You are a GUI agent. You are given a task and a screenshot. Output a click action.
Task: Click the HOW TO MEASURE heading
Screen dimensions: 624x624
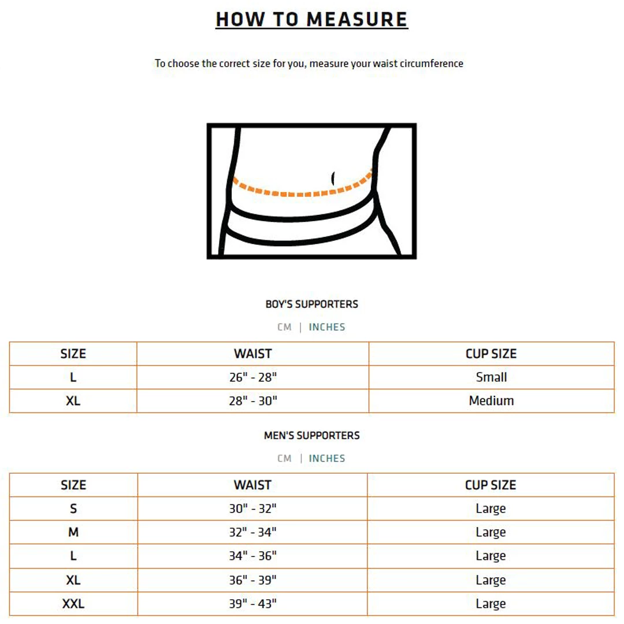pos(311,19)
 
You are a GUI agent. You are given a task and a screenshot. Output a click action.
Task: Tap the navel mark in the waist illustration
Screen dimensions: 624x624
pos(334,177)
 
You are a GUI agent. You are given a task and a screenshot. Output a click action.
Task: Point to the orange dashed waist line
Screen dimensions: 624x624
pos(300,193)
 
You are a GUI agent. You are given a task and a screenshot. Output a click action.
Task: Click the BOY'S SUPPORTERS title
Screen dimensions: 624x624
pos(311,304)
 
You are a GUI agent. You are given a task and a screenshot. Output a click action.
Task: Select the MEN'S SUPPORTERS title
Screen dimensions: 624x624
pos(311,435)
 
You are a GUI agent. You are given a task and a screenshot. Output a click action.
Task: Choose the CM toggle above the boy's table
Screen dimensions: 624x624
pos(284,327)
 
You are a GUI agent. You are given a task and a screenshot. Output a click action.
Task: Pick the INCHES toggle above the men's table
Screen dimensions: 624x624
pos(327,458)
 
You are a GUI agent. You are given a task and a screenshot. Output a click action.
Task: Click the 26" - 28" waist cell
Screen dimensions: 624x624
pos(253,377)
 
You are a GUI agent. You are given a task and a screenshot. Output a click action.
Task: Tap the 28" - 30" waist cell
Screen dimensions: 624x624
pos(253,400)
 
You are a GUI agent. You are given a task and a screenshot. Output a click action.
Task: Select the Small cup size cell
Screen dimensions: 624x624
pos(491,377)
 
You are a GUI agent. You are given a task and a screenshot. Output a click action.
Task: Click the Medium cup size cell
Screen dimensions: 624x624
pos(491,400)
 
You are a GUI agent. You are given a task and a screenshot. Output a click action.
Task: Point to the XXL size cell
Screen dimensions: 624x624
pos(73,604)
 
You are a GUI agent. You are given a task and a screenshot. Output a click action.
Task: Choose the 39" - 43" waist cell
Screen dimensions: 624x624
pos(253,604)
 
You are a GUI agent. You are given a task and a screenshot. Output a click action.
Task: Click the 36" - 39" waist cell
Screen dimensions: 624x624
pos(253,580)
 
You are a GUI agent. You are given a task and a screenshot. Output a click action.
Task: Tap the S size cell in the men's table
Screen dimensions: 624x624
pos(73,508)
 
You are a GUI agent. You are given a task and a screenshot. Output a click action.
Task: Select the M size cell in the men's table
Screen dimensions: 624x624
pos(73,532)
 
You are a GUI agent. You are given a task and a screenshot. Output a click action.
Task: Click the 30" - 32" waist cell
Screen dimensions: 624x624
pos(253,508)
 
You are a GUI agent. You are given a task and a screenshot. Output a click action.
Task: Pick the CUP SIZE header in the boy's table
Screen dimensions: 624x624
pos(491,354)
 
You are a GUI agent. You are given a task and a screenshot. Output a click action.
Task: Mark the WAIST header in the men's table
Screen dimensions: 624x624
pos(252,485)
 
